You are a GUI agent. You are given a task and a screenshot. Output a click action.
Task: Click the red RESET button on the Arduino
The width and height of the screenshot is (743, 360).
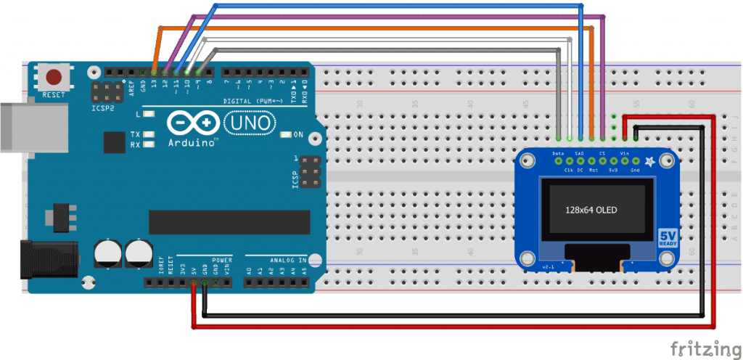[54, 76]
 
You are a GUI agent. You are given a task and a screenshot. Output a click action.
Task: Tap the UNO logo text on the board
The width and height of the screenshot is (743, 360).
[250, 124]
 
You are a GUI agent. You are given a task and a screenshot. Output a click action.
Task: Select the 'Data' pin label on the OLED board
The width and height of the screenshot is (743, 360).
[558, 154]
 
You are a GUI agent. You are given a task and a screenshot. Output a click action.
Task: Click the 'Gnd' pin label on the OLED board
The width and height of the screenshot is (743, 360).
[636, 170]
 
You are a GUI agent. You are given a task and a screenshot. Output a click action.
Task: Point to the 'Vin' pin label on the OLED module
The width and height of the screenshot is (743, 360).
[625, 154]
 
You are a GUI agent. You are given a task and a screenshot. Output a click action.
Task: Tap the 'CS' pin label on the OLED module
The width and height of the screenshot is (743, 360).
[602, 154]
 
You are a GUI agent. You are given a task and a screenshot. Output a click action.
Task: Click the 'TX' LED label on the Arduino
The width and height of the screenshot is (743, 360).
[136, 134]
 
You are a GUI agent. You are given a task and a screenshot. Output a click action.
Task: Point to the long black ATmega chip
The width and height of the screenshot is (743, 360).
[229, 221]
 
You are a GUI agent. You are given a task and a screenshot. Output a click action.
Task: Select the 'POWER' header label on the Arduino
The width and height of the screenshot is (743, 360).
[222, 258]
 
